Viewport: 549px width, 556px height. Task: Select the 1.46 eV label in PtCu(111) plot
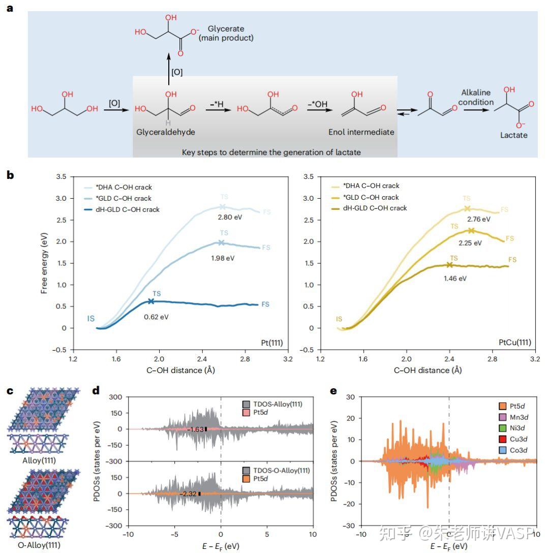coord(455,278)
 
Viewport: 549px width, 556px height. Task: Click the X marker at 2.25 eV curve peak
coord(471,231)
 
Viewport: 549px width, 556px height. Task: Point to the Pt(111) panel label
coord(272,343)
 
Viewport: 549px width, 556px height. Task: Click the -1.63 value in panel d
coord(196,429)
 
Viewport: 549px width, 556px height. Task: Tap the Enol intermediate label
coord(361,132)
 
